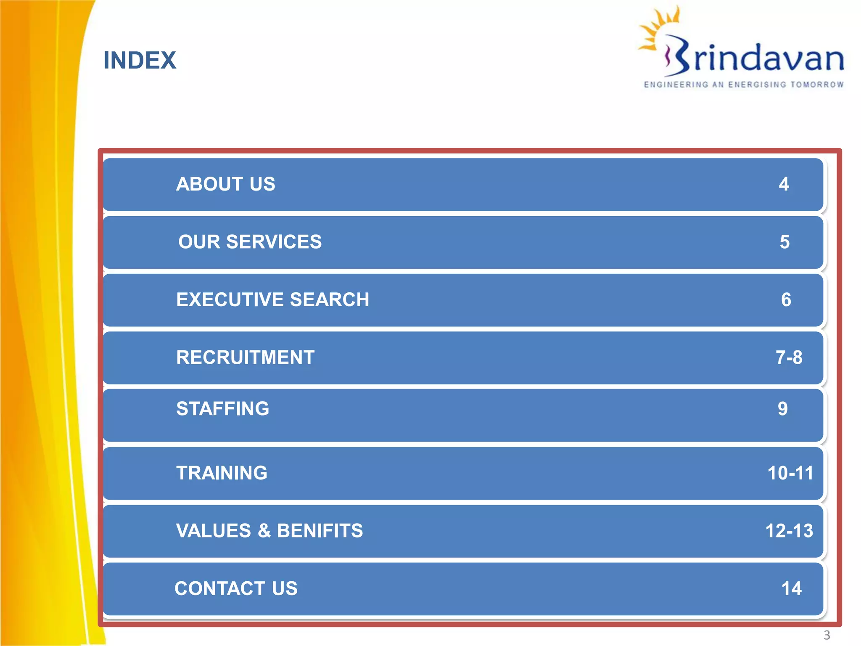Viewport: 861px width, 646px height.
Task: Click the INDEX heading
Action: coord(140,60)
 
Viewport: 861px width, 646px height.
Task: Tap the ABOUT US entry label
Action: coord(226,184)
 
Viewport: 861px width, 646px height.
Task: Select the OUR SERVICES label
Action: coord(250,242)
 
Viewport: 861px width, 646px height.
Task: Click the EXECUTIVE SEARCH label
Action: coord(272,300)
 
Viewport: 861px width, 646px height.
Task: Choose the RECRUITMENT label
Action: coord(245,357)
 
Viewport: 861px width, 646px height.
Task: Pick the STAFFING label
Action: coord(222,409)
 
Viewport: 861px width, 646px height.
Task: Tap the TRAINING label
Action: coord(222,473)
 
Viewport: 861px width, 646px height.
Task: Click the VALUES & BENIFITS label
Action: coord(269,531)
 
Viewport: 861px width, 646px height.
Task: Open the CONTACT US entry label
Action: coord(236,588)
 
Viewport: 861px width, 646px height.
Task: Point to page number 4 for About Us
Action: coord(784,184)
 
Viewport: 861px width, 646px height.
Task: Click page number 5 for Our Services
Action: coord(784,242)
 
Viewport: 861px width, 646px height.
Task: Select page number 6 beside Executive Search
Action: coord(786,300)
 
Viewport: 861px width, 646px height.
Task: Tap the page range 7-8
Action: coord(789,357)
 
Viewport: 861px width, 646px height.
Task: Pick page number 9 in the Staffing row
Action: coord(782,409)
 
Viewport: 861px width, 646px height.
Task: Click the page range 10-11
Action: coord(790,473)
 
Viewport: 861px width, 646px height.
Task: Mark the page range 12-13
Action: coord(789,531)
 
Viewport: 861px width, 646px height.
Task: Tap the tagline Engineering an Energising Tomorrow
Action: coord(744,85)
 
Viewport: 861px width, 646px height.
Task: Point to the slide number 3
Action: coord(827,635)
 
